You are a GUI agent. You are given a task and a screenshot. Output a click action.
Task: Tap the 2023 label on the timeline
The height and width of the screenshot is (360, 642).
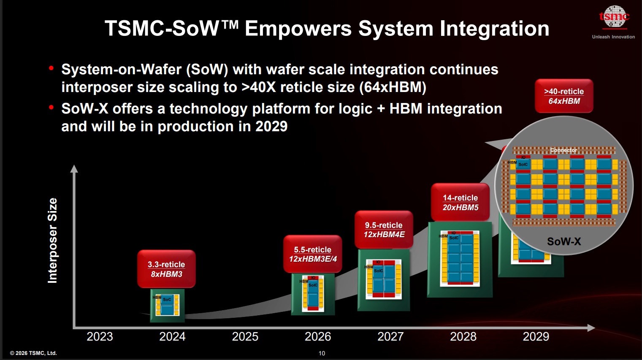[100, 336]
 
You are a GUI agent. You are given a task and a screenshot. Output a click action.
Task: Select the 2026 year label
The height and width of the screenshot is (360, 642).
[318, 336]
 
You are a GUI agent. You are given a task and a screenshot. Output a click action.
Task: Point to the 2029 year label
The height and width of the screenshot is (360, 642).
[536, 336]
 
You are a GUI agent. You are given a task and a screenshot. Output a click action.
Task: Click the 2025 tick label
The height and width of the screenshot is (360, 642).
[245, 336]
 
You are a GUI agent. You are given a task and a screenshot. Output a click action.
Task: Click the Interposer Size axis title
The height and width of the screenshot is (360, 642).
[52, 240]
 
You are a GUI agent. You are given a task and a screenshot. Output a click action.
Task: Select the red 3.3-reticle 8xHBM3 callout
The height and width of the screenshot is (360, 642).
[166, 269]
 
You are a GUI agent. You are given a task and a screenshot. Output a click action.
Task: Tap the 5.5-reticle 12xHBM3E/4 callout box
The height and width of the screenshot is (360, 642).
[312, 254]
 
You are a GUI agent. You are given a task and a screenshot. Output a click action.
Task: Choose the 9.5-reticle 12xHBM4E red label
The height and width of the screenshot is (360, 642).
[384, 230]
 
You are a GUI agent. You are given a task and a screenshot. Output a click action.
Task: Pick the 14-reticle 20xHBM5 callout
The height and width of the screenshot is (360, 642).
[460, 202]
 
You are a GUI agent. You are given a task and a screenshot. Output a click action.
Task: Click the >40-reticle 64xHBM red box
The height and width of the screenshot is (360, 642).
[564, 96]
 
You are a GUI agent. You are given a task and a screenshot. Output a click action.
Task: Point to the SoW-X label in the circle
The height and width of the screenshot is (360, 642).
[564, 241]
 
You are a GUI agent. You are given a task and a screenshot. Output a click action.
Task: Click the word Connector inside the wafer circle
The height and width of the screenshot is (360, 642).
[563, 150]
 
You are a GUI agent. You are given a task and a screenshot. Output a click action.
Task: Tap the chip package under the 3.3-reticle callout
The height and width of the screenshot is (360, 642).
[167, 306]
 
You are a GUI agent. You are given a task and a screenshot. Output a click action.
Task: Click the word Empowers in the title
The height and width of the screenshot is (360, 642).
[298, 29]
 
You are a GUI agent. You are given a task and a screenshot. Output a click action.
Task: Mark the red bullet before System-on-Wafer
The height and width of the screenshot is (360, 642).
[51, 68]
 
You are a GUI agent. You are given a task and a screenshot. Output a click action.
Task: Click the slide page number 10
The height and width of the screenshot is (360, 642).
[322, 353]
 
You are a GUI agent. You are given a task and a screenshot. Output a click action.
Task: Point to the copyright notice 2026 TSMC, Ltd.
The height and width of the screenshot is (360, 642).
[33, 353]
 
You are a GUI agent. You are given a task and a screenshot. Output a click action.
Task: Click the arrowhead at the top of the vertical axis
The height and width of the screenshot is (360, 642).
[74, 168]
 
